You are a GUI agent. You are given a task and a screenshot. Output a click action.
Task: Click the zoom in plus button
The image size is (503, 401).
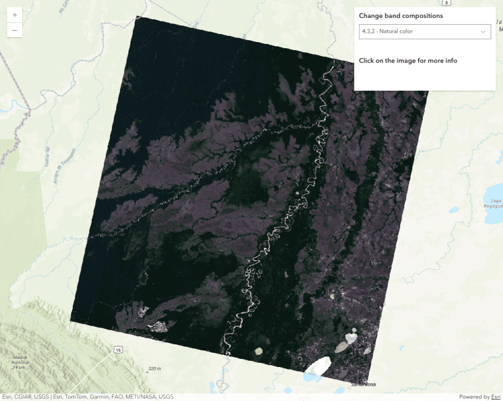point(15,14)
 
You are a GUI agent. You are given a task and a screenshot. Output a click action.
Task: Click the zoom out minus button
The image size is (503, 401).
point(15,30)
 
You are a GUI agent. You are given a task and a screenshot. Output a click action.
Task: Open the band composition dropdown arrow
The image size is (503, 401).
point(483,32)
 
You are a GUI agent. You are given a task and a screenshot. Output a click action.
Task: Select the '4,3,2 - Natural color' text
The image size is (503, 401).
point(387,32)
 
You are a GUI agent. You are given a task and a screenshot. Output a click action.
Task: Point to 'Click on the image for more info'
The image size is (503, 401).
point(408,61)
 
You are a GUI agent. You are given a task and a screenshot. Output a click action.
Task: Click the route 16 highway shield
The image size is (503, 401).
point(117,350)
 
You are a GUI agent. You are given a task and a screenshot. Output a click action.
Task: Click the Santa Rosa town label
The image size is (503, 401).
point(363,384)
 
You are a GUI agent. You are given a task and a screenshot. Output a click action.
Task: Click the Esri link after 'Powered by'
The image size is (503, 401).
point(496,397)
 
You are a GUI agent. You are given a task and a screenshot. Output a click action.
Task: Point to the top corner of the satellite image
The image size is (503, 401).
point(135,15)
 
